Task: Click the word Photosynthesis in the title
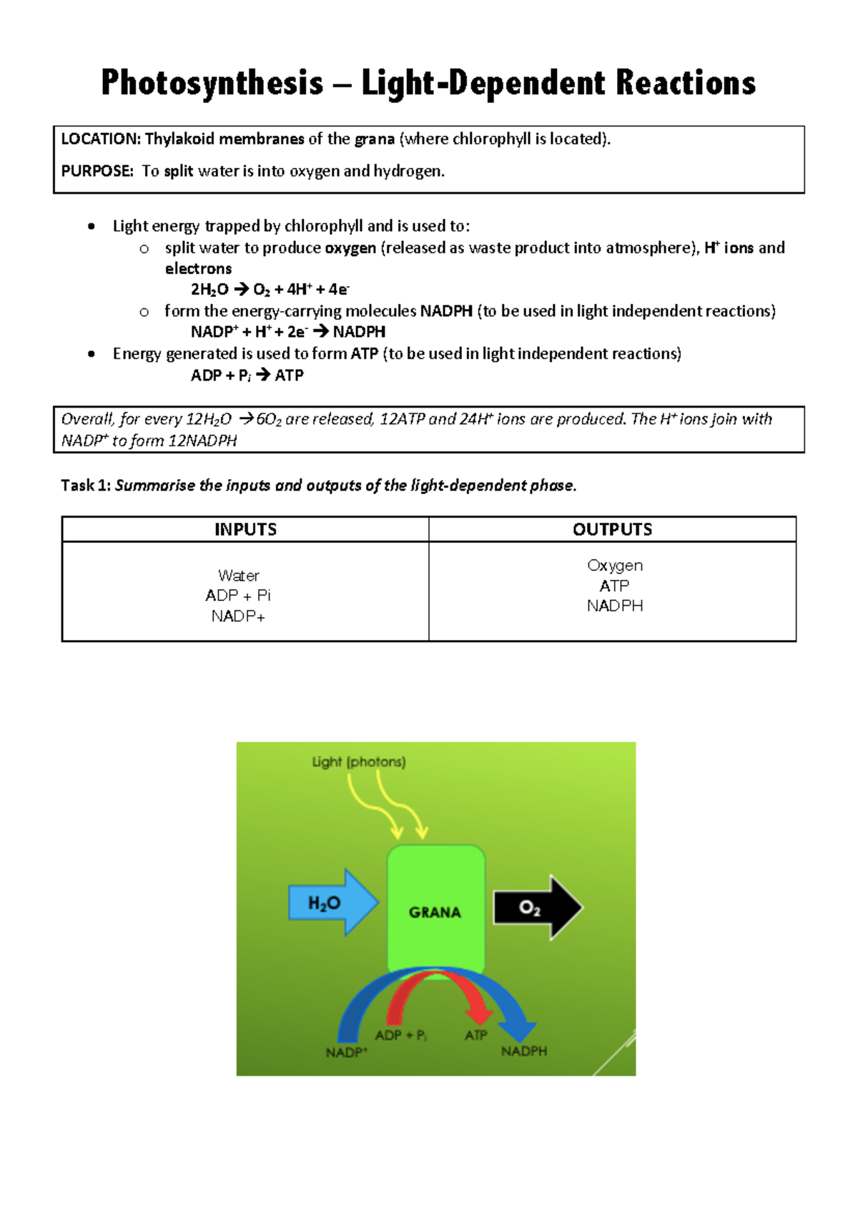coord(212,84)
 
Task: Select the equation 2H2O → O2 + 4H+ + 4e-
coord(270,290)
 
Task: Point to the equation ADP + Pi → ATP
coord(247,375)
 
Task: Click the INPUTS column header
coord(245,529)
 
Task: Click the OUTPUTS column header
coord(612,529)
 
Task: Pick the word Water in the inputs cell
coord(238,576)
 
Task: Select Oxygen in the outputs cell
coord(614,566)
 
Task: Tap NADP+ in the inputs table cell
coord(238,617)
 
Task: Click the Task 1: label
coord(86,486)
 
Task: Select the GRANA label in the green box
coord(435,913)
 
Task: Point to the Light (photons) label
coord(358,762)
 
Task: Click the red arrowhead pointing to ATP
coord(478,1016)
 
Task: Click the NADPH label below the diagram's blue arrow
coord(524,1051)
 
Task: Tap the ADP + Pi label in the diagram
coord(400,1036)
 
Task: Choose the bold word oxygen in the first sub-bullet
coord(350,248)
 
